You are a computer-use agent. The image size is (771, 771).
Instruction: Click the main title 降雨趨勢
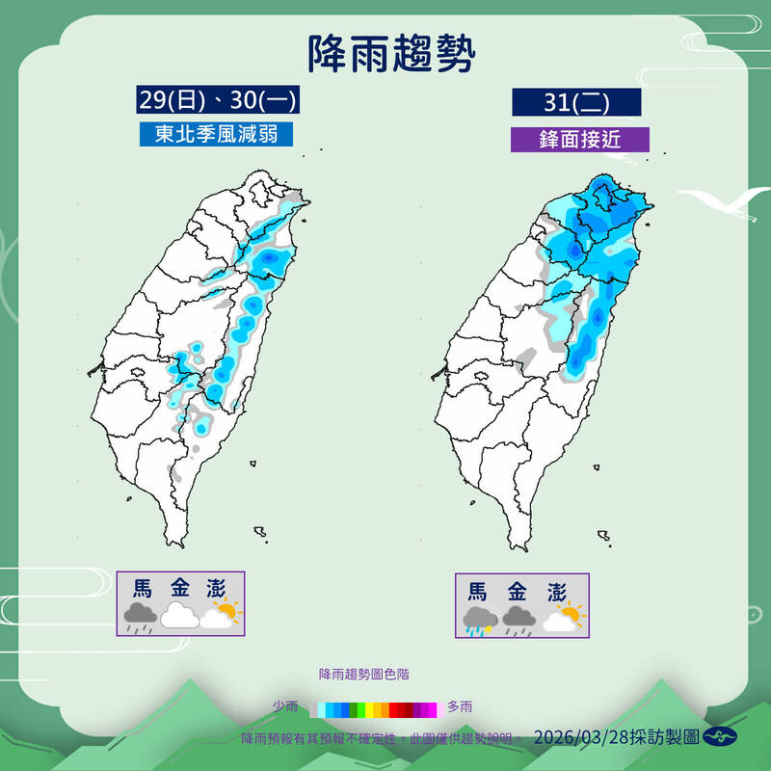click(x=391, y=54)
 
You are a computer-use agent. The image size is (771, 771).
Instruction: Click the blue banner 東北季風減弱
click(x=215, y=133)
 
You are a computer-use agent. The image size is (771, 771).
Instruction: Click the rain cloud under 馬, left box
click(x=142, y=617)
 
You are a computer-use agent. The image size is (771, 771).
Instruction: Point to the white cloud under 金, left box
click(x=180, y=617)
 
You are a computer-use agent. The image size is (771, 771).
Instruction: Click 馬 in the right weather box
click(x=478, y=590)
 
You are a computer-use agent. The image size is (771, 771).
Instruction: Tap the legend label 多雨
click(x=460, y=707)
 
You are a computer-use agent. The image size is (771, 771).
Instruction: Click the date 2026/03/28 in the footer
click(x=582, y=737)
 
